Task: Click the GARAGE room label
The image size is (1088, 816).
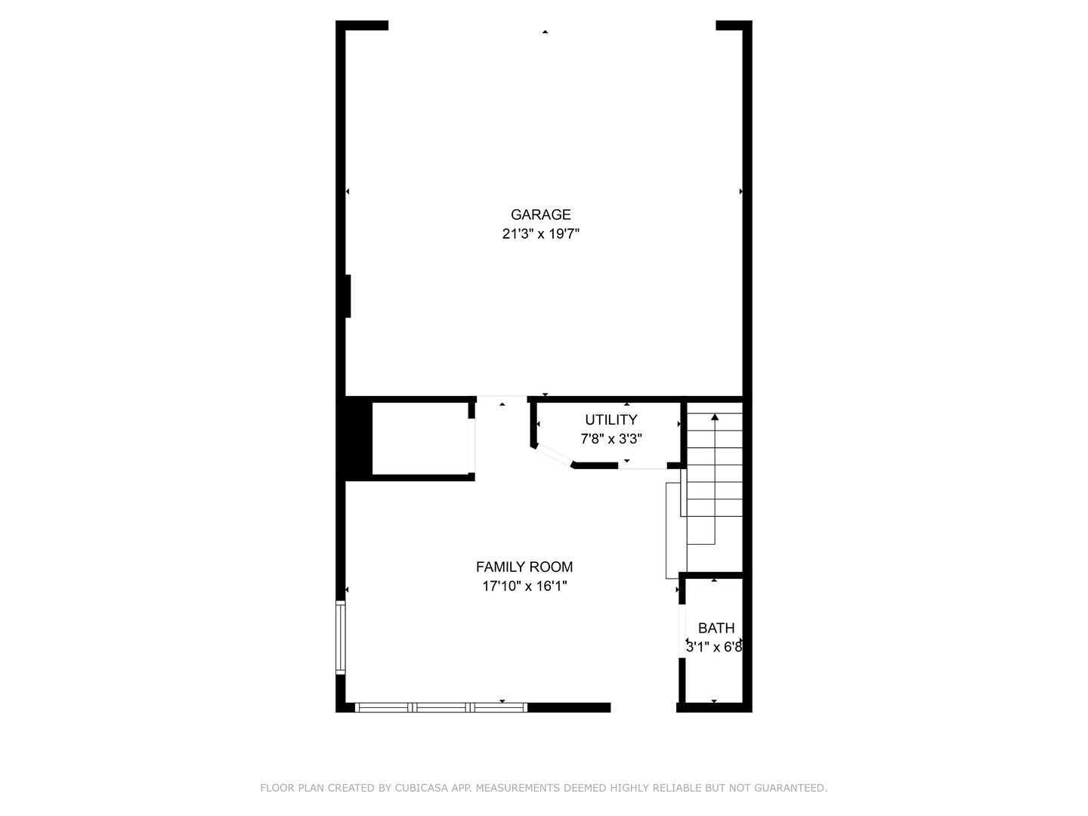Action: pos(540,215)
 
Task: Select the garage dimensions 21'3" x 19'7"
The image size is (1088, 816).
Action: pos(540,234)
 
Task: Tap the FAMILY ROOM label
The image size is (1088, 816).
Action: pos(524,567)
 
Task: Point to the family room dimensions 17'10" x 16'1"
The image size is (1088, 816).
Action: pos(524,586)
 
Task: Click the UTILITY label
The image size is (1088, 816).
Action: pos(610,419)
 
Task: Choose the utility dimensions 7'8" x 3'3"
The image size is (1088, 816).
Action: pos(610,439)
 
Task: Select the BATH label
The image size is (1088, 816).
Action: pos(716,628)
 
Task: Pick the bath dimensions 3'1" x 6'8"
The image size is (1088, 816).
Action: pos(714,647)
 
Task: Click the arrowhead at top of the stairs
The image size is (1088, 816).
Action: pos(714,417)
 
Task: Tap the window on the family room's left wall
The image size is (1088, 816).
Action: pos(341,638)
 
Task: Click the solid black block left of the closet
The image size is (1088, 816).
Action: pos(358,438)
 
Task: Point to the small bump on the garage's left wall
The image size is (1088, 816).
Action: pos(348,296)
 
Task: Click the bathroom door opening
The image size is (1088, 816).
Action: pos(682,631)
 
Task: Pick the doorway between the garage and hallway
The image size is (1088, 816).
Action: pos(502,399)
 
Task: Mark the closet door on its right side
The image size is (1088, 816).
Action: pos(471,446)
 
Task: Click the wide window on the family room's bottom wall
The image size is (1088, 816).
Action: pos(441,707)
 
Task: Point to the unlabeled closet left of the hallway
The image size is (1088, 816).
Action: pos(420,438)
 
